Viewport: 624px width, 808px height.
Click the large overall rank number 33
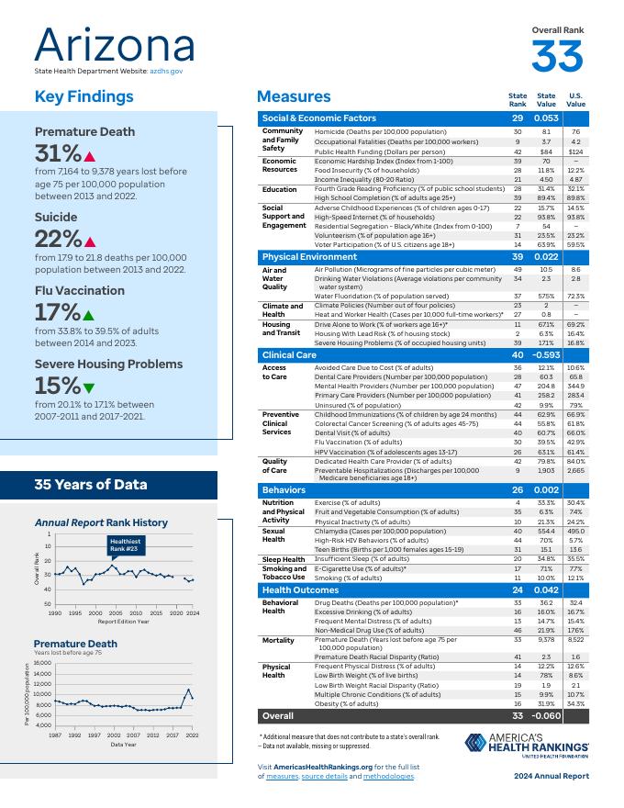[x=557, y=57]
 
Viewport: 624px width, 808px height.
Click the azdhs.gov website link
[x=167, y=71]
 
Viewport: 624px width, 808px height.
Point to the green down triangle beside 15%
[x=88, y=386]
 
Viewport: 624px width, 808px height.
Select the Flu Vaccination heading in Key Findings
[x=79, y=290]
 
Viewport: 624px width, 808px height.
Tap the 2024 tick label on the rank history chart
[x=193, y=612]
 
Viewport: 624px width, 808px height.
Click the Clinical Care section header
[x=289, y=354]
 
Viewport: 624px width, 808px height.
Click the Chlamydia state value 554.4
[x=546, y=532]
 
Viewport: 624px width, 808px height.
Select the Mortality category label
[x=277, y=639]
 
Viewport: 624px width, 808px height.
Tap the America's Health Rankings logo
[x=527, y=745]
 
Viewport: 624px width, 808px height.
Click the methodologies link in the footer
[x=389, y=777]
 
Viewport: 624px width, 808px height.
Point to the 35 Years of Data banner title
[x=90, y=485]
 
